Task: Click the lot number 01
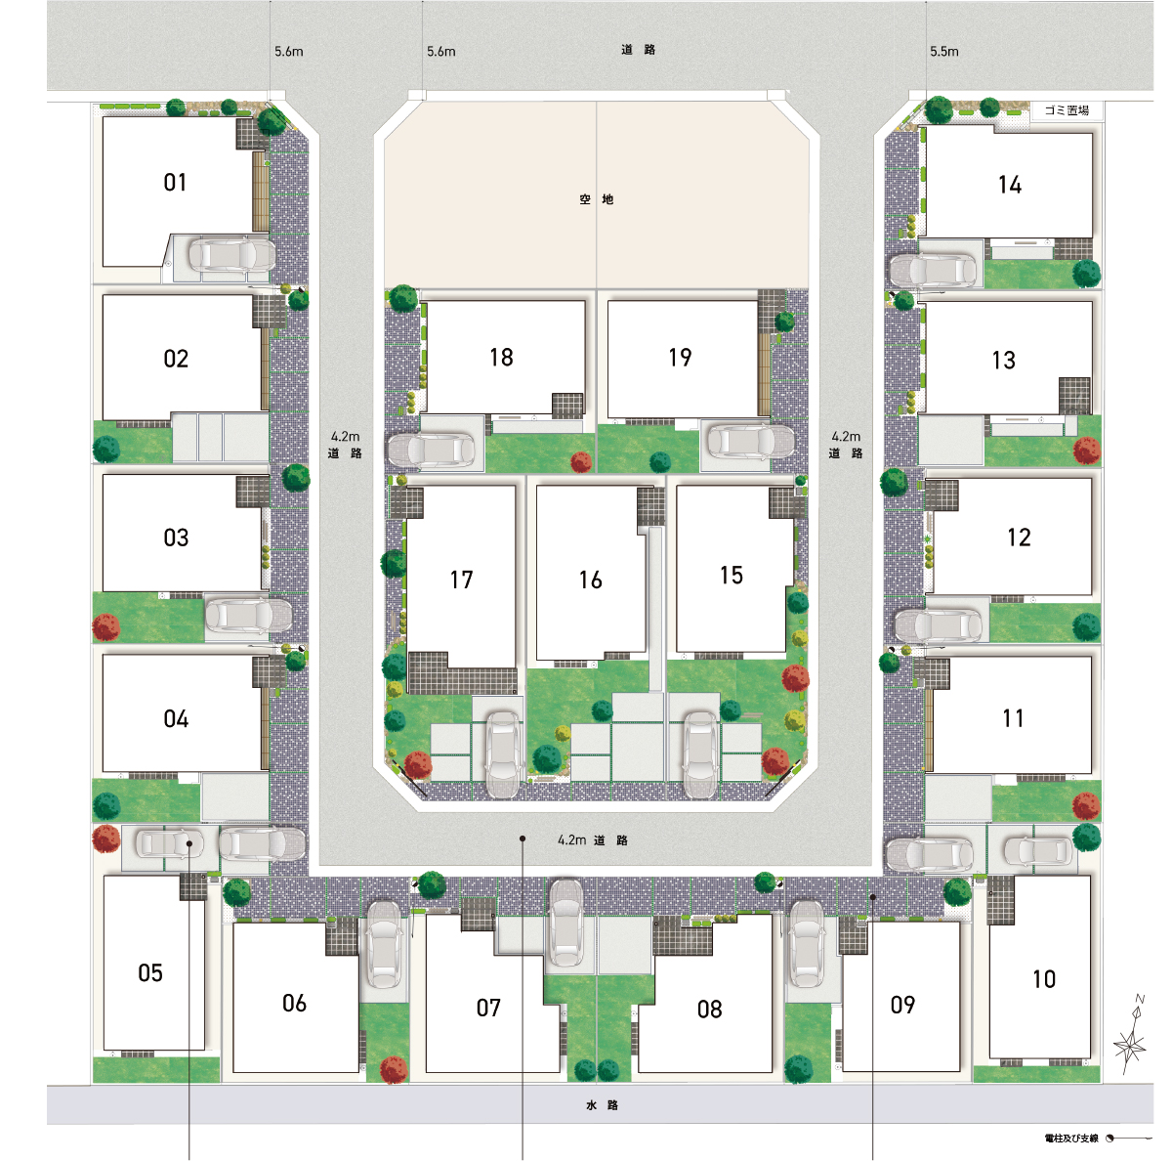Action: point(175,182)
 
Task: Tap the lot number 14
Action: point(1010,185)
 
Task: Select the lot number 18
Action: point(502,358)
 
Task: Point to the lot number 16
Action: point(591,580)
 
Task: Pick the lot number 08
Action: point(710,1009)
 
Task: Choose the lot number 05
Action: point(150,972)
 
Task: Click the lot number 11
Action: point(1013,718)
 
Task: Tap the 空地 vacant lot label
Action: point(596,199)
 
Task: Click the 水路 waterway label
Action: point(603,1105)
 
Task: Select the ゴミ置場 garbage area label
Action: point(1067,110)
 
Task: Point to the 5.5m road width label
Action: point(943,52)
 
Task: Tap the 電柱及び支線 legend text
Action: point(1071,1138)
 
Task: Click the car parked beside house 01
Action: point(231,254)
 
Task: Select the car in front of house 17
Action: point(504,754)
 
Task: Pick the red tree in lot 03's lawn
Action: point(105,627)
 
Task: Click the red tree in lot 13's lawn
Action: point(1087,451)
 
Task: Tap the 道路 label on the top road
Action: point(638,50)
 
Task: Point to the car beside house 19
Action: point(750,441)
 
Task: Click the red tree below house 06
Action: point(395,1070)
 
